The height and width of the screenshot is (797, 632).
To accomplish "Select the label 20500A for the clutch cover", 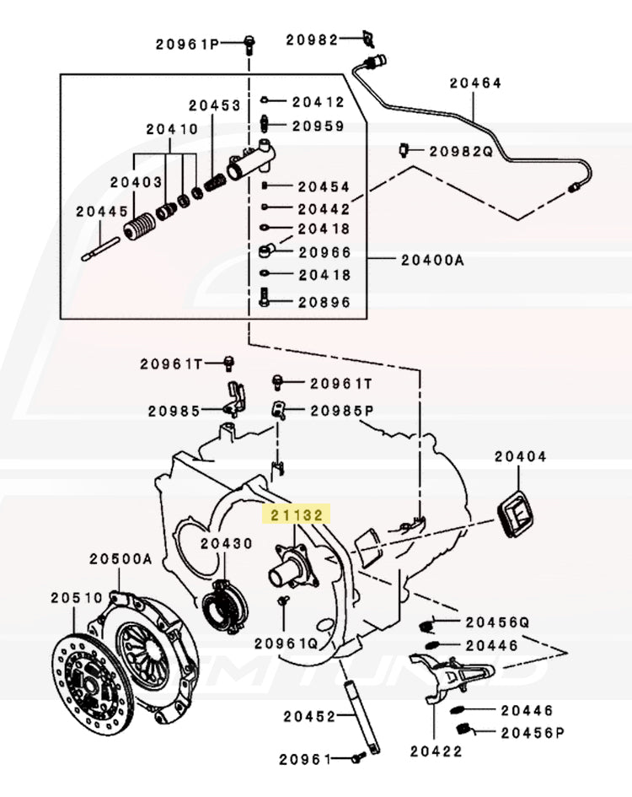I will (121, 558).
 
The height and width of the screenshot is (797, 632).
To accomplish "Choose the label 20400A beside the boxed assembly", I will (432, 260).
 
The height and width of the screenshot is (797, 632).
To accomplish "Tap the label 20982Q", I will (460, 152).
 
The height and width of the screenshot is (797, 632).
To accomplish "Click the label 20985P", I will (341, 411).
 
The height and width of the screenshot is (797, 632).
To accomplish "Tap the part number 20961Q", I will (286, 643).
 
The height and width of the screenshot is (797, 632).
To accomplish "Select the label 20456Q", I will (497, 622).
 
